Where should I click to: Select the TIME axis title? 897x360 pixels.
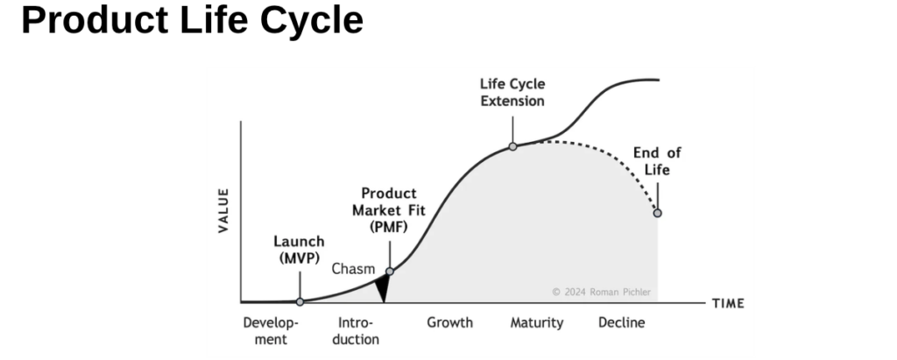[728, 304]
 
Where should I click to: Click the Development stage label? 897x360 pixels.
[271, 330]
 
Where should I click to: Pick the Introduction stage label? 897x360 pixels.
[357, 330]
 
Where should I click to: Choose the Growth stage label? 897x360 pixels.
[449, 322]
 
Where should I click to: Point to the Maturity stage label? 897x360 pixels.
[537, 322]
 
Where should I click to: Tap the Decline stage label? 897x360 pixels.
[621, 322]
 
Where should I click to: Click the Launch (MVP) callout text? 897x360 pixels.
[299, 250]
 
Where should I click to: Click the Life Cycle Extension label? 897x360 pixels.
[512, 92]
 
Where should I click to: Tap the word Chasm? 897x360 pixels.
[353, 269]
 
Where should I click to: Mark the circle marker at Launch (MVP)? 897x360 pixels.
[300, 301]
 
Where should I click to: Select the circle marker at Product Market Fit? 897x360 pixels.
[390, 272]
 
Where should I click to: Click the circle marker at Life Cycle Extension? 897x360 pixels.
[513, 146]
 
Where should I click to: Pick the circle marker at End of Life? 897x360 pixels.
[657, 213]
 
